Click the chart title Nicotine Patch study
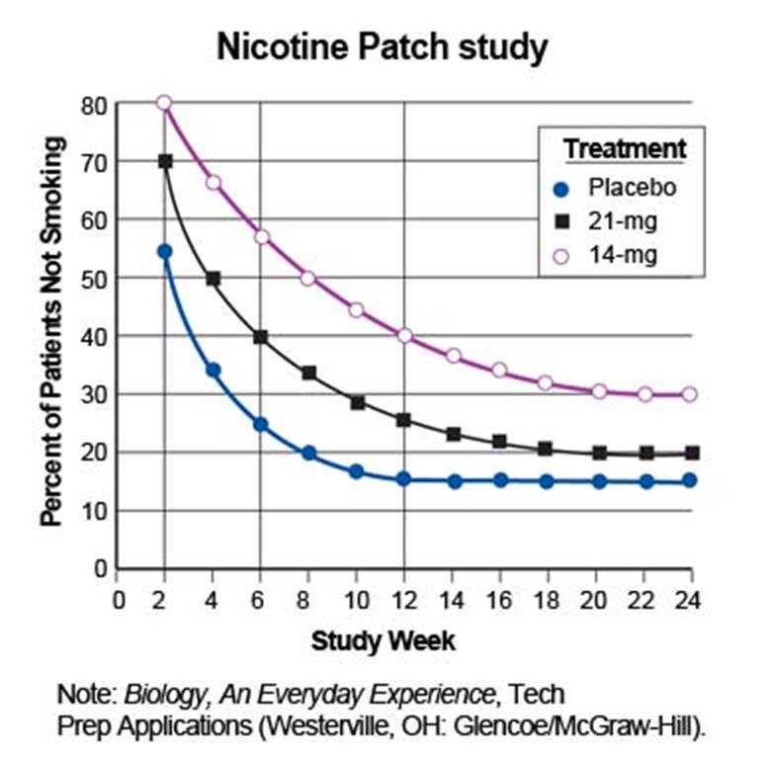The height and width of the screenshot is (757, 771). (x=383, y=46)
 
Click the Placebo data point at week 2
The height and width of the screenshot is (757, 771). (x=164, y=252)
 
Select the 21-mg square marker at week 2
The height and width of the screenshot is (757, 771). (x=165, y=161)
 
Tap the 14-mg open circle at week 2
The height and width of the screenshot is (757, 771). (x=164, y=103)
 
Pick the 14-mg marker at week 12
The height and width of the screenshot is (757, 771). (x=404, y=336)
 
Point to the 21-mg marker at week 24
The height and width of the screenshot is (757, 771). (x=691, y=454)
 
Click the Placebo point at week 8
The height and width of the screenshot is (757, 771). (x=308, y=454)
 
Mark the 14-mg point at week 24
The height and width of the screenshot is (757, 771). (x=690, y=394)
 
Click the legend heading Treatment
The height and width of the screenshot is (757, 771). (x=625, y=149)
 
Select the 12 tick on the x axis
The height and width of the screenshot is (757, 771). (x=403, y=599)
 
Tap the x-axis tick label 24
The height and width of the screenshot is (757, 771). (x=690, y=599)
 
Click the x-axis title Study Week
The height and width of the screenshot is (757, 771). (x=384, y=640)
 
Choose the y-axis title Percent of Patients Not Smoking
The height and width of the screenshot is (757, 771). (x=51, y=331)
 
